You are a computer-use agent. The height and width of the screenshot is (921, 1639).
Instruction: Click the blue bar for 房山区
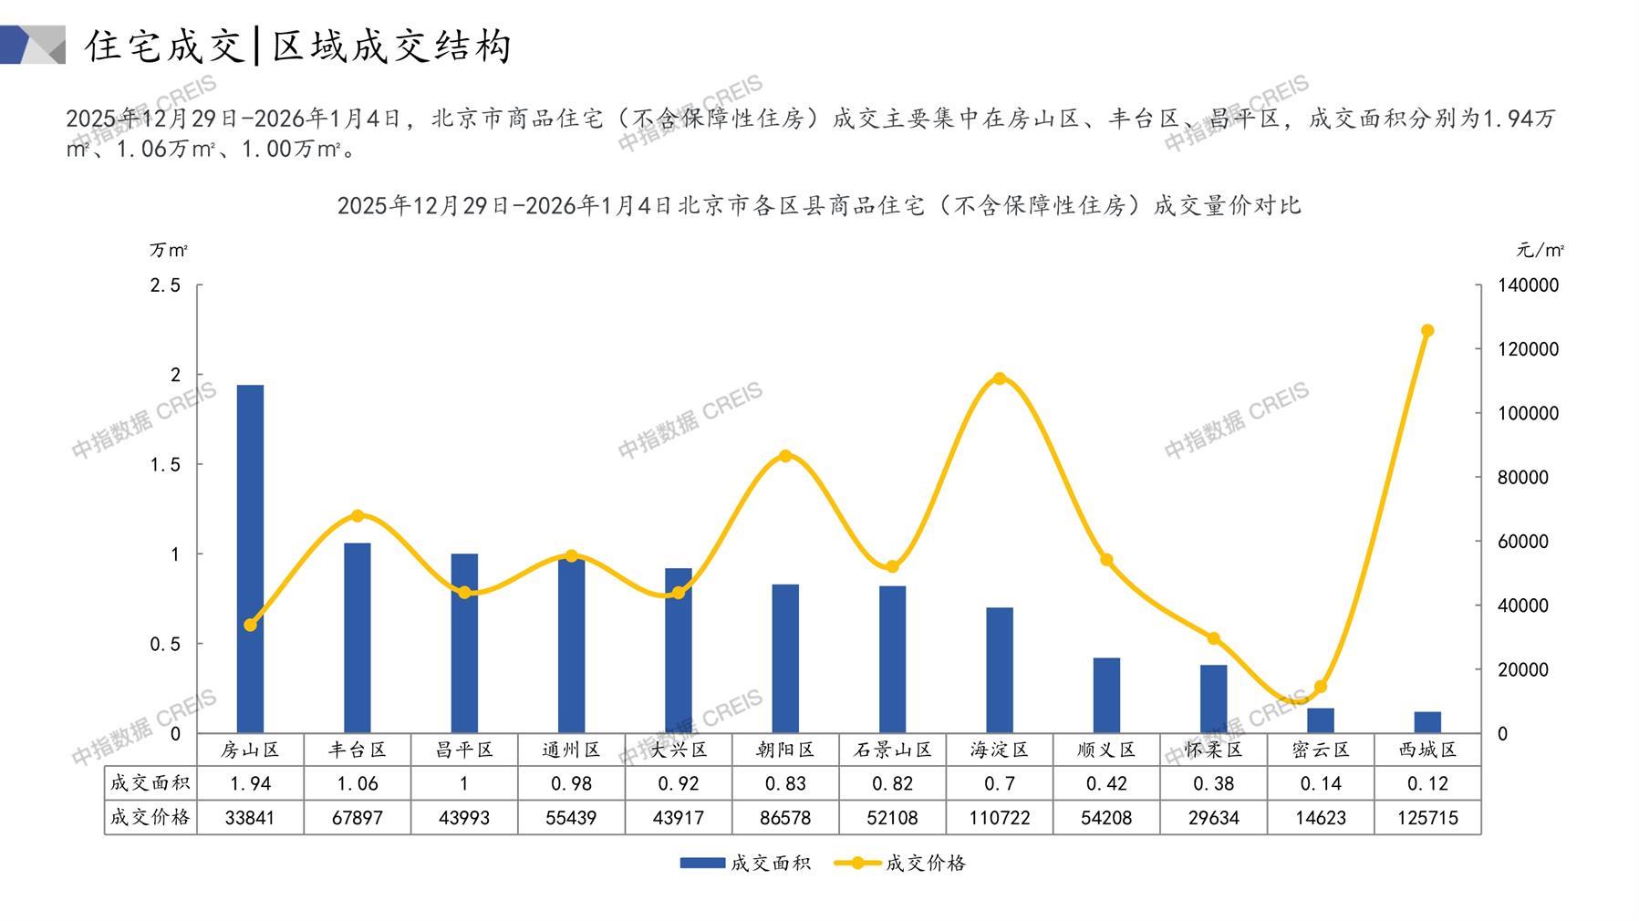[250, 558]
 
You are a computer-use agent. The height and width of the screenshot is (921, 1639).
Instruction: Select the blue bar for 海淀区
[1000, 669]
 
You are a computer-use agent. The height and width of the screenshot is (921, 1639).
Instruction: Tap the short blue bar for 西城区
[1427, 722]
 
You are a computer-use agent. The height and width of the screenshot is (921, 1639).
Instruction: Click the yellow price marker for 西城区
[1427, 331]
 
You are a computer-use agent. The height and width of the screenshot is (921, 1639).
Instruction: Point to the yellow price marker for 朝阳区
[785, 456]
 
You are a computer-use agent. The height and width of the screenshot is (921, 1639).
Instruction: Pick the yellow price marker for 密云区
[1321, 687]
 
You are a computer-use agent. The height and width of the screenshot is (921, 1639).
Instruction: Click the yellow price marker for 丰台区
[358, 516]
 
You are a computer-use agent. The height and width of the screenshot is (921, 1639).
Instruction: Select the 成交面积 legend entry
[745, 863]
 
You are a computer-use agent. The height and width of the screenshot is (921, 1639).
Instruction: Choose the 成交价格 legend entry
[900, 863]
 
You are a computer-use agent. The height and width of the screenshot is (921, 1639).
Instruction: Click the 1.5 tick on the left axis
[165, 465]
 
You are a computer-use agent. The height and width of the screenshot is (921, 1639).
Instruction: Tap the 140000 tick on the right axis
[1528, 285]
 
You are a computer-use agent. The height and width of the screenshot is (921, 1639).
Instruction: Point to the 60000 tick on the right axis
[1522, 542]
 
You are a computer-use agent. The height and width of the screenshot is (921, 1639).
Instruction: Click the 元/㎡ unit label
[1540, 250]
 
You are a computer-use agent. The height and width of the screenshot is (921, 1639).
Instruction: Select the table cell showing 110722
[1000, 818]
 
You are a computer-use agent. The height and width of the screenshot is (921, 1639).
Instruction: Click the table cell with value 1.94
[250, 783]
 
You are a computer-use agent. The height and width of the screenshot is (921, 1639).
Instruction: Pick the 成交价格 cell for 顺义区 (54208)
[1106, 818]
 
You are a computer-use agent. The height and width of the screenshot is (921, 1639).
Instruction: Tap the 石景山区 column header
[893, 750]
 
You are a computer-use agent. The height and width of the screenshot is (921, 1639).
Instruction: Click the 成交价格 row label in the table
[150, 818]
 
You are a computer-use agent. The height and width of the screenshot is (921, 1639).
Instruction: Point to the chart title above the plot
[818, 206]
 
